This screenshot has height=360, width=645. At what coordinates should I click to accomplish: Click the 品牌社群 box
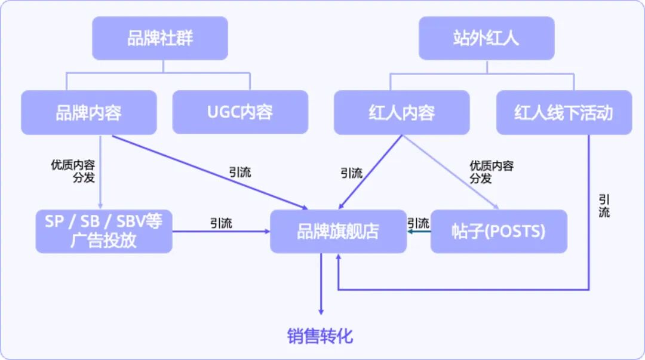(159, 38)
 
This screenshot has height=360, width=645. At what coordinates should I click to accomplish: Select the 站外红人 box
(486, 38)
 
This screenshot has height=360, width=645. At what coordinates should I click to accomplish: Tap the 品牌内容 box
(88, 112)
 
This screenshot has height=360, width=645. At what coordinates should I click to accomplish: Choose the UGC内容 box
(240, 112)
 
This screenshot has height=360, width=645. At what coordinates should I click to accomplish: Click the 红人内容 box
(401, 112)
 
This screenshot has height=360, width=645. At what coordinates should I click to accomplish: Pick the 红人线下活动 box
(564, 112)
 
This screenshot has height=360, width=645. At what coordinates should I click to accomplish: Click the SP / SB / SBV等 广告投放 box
(103, 231)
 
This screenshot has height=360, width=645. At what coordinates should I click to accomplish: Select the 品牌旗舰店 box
(338, 231)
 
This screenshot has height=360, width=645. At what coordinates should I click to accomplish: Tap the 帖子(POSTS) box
(498, 231)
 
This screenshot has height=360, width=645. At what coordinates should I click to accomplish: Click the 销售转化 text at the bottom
(320, 336)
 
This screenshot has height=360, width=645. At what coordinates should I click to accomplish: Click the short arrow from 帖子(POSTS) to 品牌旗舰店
(419, 232)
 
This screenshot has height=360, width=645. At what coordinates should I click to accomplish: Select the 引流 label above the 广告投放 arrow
(221, 223)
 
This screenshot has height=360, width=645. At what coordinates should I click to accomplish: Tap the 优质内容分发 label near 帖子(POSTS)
(491, 172)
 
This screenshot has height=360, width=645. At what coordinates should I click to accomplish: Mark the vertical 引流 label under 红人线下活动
(604, 205)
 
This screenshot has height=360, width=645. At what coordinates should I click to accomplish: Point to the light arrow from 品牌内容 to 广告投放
(100, 173)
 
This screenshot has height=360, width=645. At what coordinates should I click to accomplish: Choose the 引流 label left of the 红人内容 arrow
(351, 173)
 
